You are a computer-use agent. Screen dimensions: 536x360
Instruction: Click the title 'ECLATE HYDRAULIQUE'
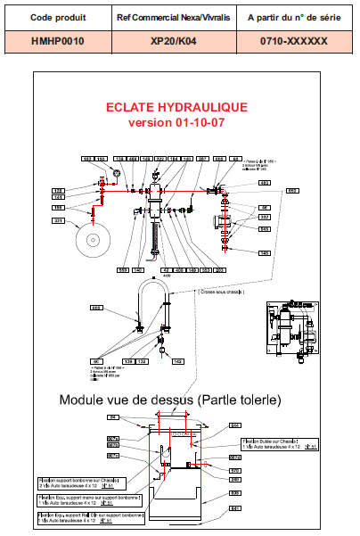[177, 107]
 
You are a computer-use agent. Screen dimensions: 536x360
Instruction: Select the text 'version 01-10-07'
[177, 122]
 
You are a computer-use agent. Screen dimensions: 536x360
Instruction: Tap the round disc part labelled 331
[94, 238]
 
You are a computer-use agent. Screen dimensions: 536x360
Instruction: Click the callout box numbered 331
[59, 220]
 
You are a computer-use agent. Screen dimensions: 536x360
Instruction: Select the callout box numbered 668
[97, 306]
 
